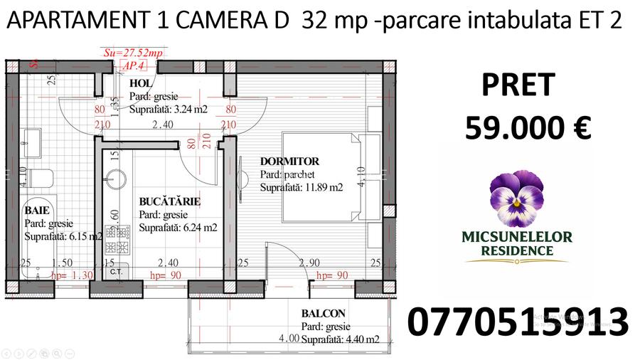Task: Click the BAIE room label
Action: (x=38, y=211)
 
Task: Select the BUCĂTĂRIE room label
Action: (x=169, y=202)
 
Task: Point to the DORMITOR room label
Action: (x=289, y=162)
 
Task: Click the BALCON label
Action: (x=323, y=314)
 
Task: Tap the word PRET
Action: (x=518, y=85)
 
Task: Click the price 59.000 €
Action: (x=528, y=129)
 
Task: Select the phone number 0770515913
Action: (x=518, y=322)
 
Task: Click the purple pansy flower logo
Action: (x=517, y=197)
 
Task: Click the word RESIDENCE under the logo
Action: (x=517, y=250)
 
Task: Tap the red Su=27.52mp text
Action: (x=133, y=53)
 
